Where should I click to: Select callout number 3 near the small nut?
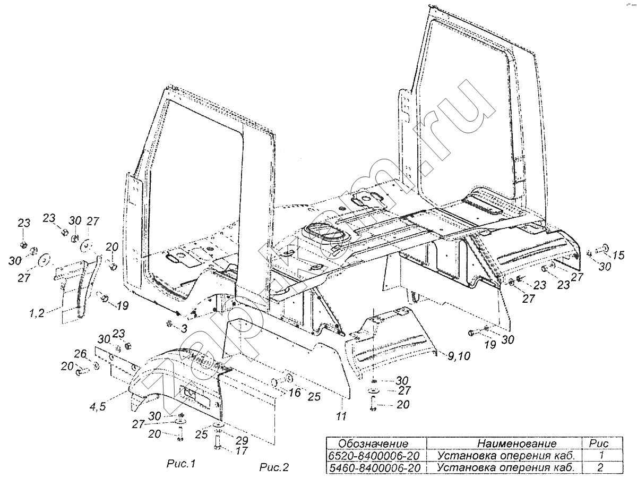tap(184, 329)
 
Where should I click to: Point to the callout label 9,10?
tap(455, 356)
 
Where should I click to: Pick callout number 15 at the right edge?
tap(618, 255)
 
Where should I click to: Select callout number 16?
tap(295, 393)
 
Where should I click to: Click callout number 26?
tap(80, 354)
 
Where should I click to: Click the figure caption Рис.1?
tap(179, 464)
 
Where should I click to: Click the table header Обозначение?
tap(374, 444)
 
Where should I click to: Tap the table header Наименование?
tap(517, 444)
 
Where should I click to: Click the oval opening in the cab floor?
tap(323, 234)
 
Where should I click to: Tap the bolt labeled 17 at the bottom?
tap(218, 441)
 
